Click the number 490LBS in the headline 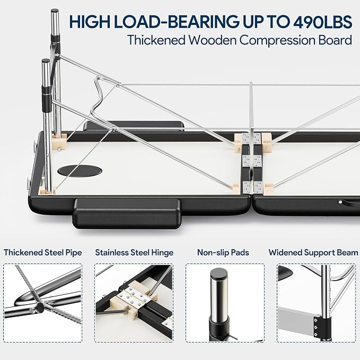[x=322, y=22]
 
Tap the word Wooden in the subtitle [x=213, y=40]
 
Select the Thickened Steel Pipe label [x=43, y=252]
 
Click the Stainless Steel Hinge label [x=134, y=252]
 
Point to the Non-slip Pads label [x=223, y=252]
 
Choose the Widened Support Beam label [x=313, y=252]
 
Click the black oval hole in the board [x=80, y=171]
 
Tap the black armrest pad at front [x=127, y=214]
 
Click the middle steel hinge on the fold [x=252, y=161]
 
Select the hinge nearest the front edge [x=253, y=187]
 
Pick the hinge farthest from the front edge [x=252, y=138]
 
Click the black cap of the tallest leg [x=55, y=11]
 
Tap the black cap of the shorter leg [x=46, y=61]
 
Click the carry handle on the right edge [x=349, y=202]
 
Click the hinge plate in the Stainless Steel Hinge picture [x=134, y=297]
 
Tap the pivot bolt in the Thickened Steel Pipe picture [x=39, y=308]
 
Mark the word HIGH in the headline [x=90, y=22]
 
